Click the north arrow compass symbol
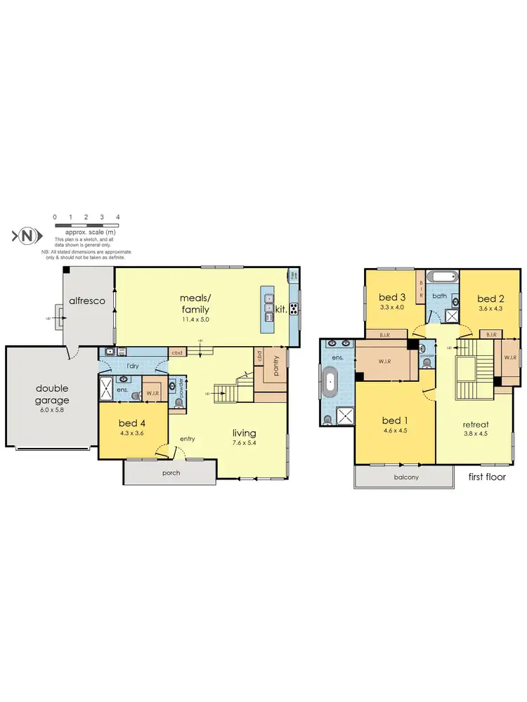27,236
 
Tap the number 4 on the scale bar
118,218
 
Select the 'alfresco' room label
86,300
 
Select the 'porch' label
170,472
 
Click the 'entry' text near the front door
187,439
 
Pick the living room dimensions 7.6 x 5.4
245,443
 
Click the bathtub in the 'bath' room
440,276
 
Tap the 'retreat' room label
476,424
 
